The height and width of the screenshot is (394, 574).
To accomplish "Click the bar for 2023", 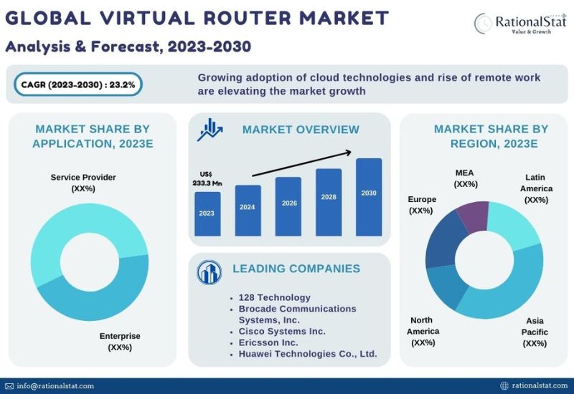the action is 207,213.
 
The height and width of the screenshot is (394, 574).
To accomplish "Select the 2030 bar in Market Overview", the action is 369,197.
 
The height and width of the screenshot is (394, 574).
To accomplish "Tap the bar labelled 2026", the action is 288,206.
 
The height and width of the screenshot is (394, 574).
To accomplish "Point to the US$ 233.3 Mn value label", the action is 207,178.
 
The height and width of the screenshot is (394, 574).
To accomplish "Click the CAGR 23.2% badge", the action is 78,85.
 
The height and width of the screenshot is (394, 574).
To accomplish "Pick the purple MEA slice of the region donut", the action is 474,216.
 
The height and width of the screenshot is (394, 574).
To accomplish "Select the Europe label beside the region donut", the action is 422,205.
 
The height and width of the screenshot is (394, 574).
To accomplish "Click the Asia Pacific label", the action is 535,332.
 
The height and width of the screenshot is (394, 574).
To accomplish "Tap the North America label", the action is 423,331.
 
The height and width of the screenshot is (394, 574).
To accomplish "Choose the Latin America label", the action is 536,188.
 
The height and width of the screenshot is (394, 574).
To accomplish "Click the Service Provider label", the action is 83,183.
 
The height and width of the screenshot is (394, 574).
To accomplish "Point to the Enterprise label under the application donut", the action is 120,342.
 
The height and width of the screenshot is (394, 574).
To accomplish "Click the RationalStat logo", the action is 519,23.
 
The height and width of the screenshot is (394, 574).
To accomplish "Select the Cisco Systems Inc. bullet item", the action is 282,331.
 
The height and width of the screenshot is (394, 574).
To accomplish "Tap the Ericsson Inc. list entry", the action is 268,342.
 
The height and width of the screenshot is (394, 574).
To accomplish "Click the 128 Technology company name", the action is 275,297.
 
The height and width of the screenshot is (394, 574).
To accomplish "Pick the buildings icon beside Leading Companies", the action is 209,272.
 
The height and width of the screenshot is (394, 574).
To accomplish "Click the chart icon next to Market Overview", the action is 210,130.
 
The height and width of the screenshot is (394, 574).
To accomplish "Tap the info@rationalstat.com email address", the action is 55,386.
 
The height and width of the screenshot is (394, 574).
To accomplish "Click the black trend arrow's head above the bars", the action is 349,153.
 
